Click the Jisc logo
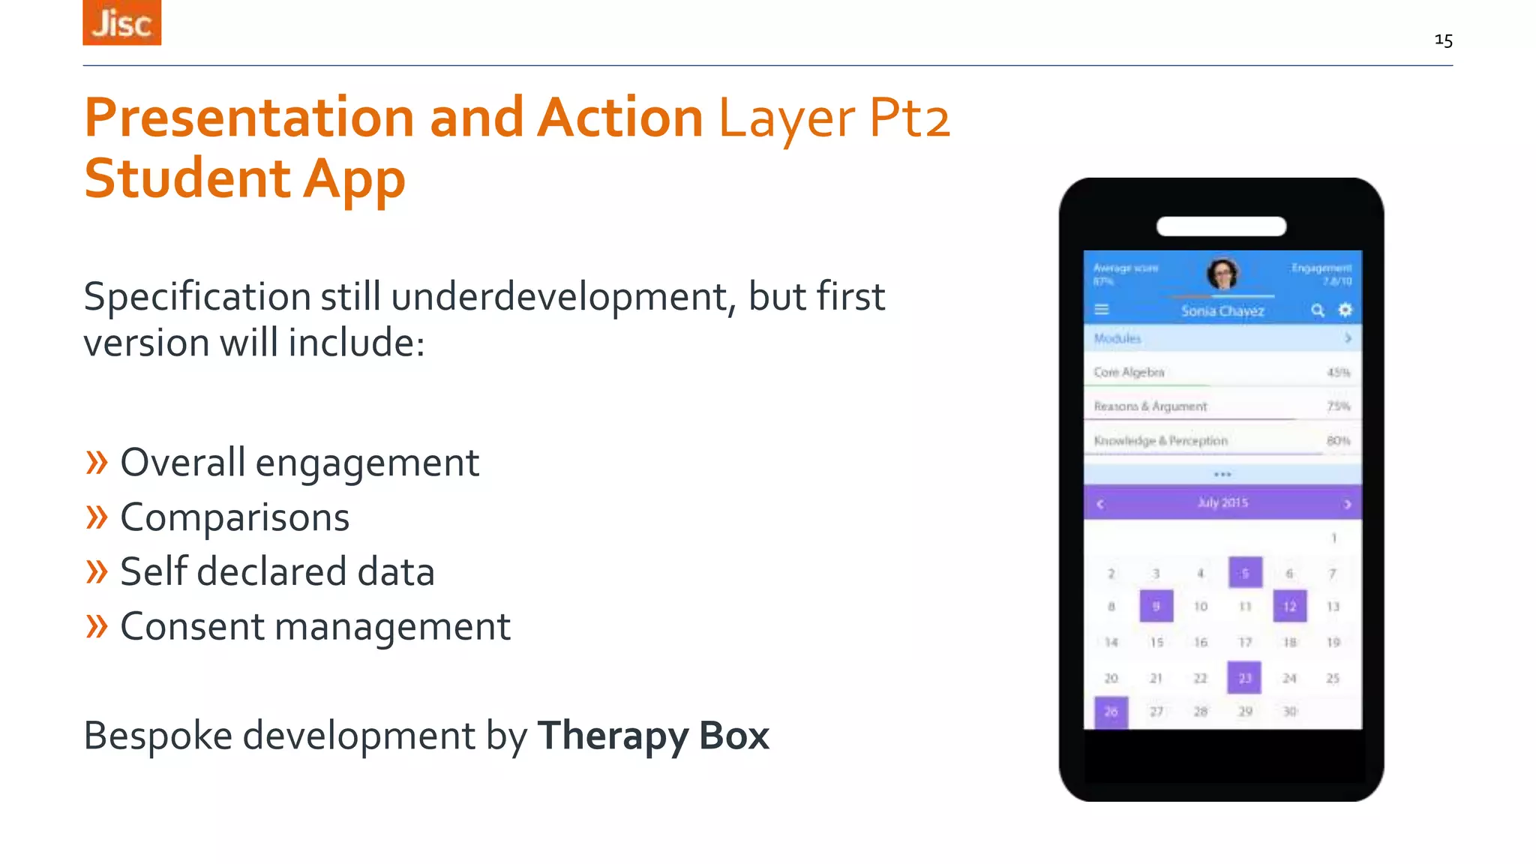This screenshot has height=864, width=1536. [121, 22]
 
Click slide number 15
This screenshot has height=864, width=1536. [1443, 40]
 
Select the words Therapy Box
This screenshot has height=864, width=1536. [653, 735]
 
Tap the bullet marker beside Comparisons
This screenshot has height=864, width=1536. [97, 517]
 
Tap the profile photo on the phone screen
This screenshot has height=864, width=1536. [1222, 274]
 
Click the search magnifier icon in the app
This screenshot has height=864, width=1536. [1317, 310]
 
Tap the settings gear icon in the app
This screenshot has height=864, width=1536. [1345, 310]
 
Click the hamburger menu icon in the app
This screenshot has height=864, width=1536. [1102, 310]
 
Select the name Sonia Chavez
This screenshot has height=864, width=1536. [1222, 311]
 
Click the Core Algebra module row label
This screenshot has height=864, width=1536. [1129, 372]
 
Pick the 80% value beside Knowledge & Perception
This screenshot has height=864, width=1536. [1338, 441]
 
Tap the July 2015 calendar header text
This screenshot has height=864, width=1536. [1222, 502]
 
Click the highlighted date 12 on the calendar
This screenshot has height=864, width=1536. [1289, 606]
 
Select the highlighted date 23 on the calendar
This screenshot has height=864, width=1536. [1244, 678]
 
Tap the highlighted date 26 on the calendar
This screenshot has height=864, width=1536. [1111, 712]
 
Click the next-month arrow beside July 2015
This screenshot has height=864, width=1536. [1347, 504]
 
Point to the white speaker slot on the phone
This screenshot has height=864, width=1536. [1221, 226]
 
